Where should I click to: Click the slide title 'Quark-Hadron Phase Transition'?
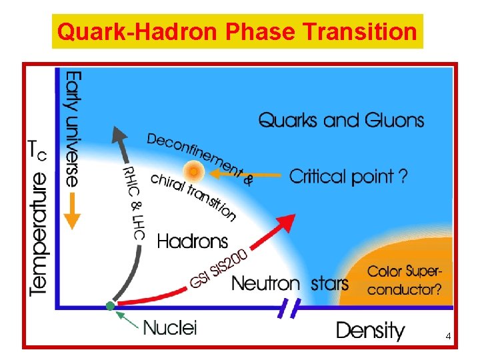(237, 31)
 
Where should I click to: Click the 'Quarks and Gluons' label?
(341, 120)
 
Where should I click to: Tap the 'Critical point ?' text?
(348, 177)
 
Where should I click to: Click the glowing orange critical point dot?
(193, 172)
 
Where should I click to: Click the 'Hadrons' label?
(193, 241)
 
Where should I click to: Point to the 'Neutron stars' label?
(290, 283)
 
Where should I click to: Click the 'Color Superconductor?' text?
(405, 281)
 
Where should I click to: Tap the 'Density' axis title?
(370, 330)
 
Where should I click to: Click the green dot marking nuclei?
(111, 306)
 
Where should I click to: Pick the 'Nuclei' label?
(171, 327)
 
